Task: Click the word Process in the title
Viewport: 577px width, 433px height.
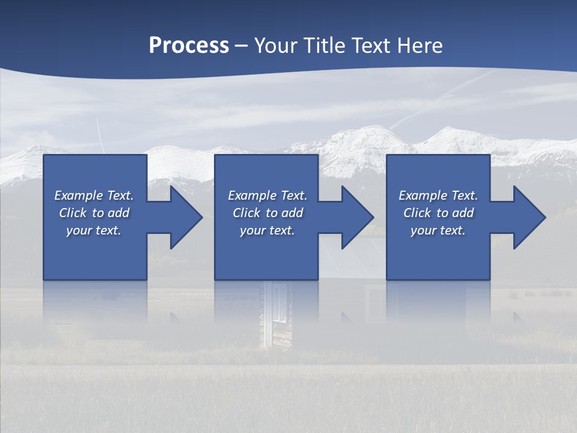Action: tap(189, 45)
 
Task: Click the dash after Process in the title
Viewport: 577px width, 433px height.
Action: tap(242, 46)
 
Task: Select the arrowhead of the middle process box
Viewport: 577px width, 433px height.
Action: tap(357, 217)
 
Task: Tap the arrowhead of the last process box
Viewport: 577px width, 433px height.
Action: tap(529, 217)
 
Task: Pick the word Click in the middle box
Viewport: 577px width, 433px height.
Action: tap(246, 213)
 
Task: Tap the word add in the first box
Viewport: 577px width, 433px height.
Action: tap(118, 213)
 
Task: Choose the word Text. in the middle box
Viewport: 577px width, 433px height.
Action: tap(292, 195)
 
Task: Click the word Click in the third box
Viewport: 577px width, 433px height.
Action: tap(417, 213)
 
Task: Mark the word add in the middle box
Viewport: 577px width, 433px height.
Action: tap(292, 213)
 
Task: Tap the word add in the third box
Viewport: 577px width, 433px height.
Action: tap(463, 213)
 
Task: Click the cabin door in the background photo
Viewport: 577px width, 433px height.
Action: tap(278, 313)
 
